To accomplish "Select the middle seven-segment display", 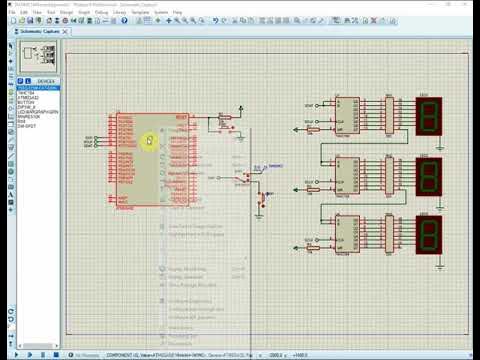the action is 428,175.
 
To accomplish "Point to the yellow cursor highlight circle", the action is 149,140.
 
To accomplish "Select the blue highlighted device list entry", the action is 38,88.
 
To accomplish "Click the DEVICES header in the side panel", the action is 46,81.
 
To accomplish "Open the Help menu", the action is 177,12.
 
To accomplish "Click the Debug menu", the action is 101,12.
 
